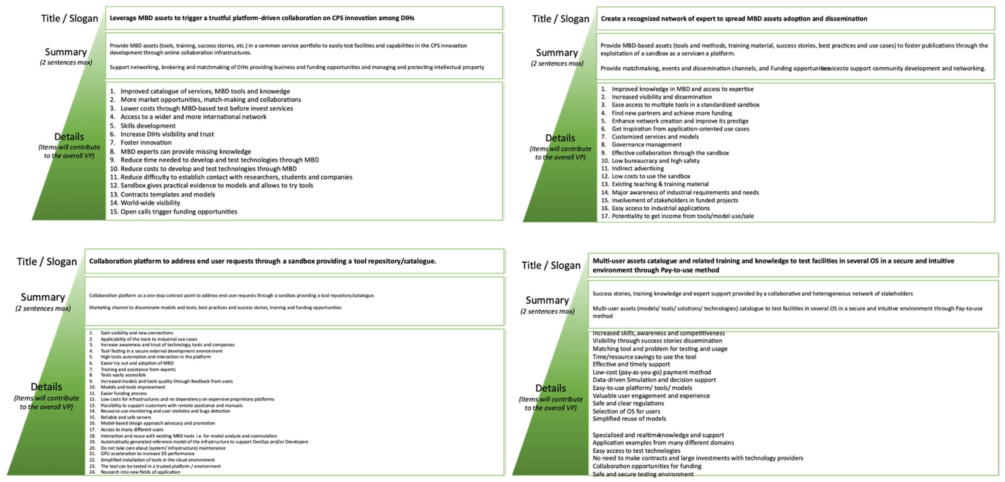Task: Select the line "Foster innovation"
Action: pyautogui.click(x=146, y=143)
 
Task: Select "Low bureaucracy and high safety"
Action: pyautogui.click(x=655, y=161)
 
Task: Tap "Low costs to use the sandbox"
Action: pyautogui.click(x=651, y=176)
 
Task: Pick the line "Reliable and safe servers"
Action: pyautogui.click(x=126, y=417)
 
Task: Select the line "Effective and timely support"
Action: pyautogui.click(x=631, y=364)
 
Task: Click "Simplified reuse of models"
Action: pyautogui.click(x=629, y=419)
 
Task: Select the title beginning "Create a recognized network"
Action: pyautogui.click(x=734, y=19)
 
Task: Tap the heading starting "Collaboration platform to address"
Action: pyautogui.click(x=263, y=261)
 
